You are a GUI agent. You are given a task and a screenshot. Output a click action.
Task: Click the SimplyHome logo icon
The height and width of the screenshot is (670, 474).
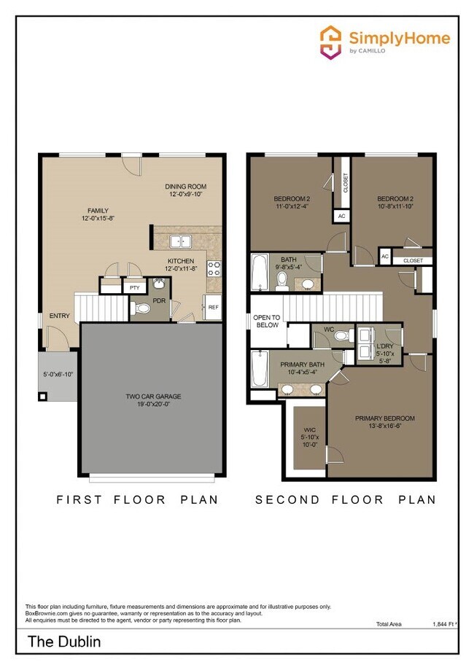click(x=331, y=42)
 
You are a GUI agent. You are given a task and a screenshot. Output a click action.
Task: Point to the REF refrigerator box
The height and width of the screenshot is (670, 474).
click(x=213, y=308)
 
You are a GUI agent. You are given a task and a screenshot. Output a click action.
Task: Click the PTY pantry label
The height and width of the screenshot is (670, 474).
click(x=134, y=288)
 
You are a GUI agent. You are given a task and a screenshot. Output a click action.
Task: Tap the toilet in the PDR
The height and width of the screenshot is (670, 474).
click(x=142, y=309)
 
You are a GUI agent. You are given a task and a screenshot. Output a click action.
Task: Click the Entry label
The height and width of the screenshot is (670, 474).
click(x=60, y=316)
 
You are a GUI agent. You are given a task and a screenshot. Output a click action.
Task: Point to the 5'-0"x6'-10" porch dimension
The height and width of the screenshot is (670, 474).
click(x=58, y=375)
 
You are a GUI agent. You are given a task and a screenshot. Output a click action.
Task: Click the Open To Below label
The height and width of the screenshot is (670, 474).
click(x=266, y=321)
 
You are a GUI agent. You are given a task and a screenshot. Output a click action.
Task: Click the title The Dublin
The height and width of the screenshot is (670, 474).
click(x=64, y=642)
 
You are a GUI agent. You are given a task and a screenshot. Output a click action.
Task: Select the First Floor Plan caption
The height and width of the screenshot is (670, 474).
click(x=137, y=499)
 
